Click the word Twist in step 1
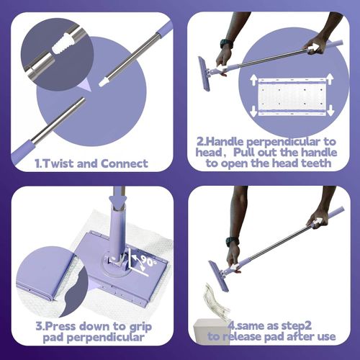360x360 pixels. tap(65, 163)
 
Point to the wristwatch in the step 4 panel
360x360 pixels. tap(231, 242)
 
